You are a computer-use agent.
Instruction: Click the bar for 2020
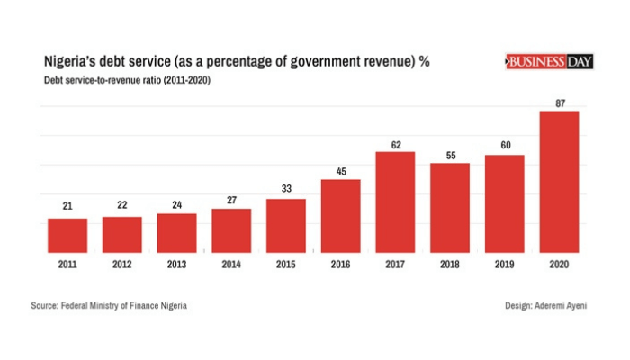pos(559,181)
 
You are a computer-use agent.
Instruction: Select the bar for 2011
pos(67,235)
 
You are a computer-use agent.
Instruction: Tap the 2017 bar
pos(395,202)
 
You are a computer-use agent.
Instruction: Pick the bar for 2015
pos(286,225)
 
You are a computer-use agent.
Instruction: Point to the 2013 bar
pos(176,232)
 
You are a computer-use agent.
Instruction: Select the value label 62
pos(395,142)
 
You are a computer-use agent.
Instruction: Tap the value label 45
pos(340,170)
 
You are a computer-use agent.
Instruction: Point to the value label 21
pos(67,207)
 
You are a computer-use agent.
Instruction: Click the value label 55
pos(450,154)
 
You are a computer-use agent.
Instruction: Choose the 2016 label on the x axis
pos(340,265)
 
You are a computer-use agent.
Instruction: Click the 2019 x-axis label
pos(504,265)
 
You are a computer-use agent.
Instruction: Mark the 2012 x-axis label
pos(121,265)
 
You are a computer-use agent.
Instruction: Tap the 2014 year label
pos(231,265)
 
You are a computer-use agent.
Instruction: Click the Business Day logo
pos(548,62)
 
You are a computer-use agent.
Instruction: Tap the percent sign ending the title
pos(423,62)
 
